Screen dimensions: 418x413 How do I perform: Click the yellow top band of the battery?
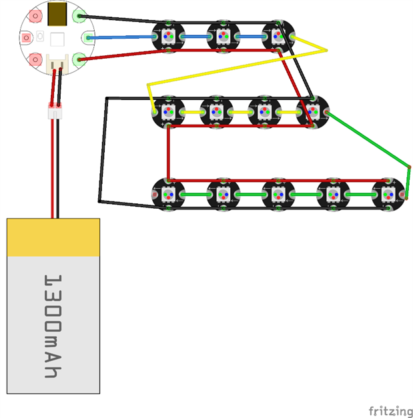pos(53,237)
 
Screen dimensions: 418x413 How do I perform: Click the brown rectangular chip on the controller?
pos(57,13)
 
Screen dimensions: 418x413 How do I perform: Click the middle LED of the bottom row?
pos(277,193)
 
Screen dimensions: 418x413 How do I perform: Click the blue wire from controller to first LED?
pos(120,37)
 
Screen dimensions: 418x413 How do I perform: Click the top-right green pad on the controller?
pos(80,15)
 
